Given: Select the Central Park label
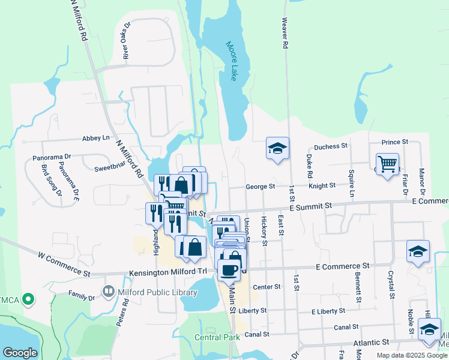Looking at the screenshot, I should tap(217, 337).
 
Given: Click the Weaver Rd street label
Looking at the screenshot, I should tap(286, 34).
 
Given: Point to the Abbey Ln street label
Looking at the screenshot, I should tap(96, 137).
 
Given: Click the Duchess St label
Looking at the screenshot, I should tap(331, 146).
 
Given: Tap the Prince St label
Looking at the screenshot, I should tap(394, 142).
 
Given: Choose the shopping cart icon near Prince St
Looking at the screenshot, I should tap(388, 164).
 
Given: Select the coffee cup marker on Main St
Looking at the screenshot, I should tap(229, 269).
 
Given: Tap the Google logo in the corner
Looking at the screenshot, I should tap(20, 353).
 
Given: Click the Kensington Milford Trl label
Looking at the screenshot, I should tap(167, 272).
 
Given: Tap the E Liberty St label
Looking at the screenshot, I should tap(331, 311).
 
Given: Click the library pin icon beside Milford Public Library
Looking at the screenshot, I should tap(109, 292).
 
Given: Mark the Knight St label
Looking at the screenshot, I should tap(322, 186).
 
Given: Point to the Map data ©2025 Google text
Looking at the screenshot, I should tap(412, 355).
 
